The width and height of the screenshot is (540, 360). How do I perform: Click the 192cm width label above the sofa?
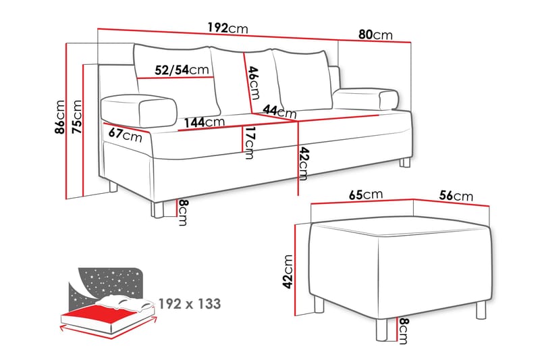227,28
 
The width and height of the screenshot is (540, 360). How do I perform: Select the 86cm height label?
61,119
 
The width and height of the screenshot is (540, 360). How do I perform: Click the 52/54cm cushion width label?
181,70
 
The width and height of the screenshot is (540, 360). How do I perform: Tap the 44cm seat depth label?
279,111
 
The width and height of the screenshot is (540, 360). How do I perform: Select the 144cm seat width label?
204,122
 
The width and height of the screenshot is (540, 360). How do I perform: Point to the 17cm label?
250,143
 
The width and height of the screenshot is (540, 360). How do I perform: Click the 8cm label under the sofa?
182,212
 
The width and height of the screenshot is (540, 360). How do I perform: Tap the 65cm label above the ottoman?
366,195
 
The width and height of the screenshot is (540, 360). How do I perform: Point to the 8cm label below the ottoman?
403,330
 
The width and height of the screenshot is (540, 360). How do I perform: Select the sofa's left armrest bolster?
138,108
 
